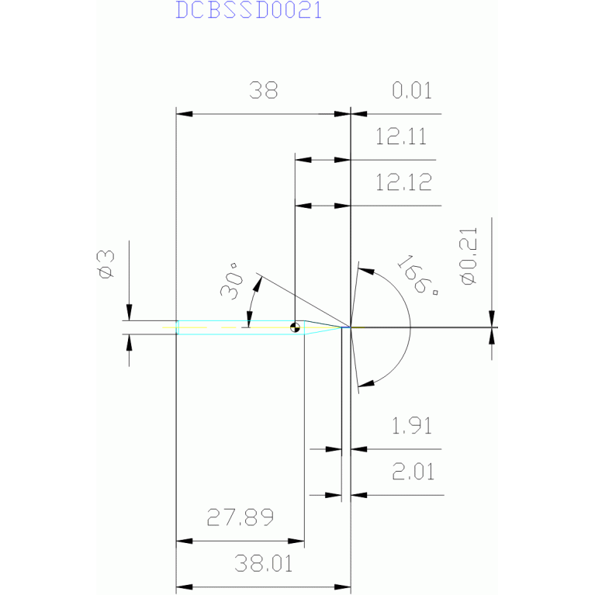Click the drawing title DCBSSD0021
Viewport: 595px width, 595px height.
click(x=249, y=10)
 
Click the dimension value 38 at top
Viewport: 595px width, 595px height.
click(x=263, y=90)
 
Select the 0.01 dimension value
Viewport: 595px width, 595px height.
click(x=412, y=91)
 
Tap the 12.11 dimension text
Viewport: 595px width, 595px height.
click(x=401, y=137)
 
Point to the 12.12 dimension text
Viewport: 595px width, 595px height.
click(x=403, y=182)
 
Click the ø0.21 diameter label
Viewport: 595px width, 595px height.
click(x=469, y=256)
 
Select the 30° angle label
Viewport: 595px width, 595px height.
click(x=231, y=281)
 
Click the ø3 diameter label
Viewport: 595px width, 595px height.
click(x=106, y=265)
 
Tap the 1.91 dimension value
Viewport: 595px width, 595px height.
click(x=412, y=426)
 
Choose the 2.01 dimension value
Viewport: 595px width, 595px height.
click(x=413, y=472)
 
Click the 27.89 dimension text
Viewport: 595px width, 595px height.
click(x=240, y=517)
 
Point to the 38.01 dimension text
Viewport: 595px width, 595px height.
click(x=263, y=563)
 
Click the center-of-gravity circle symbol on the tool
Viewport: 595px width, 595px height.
click(x=295, y=327)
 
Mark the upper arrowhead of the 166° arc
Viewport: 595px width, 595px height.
click(x=366, y=271)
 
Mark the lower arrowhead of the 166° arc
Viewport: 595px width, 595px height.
click(x=366, y=383)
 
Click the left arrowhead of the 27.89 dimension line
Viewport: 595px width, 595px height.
click(x=185, y=541)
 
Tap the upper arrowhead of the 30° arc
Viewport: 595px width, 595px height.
click(x=258, y=285)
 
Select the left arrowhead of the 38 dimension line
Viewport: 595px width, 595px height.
click(x=185, y=114)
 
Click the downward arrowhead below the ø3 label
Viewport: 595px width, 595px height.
click(x=130, y=313)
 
